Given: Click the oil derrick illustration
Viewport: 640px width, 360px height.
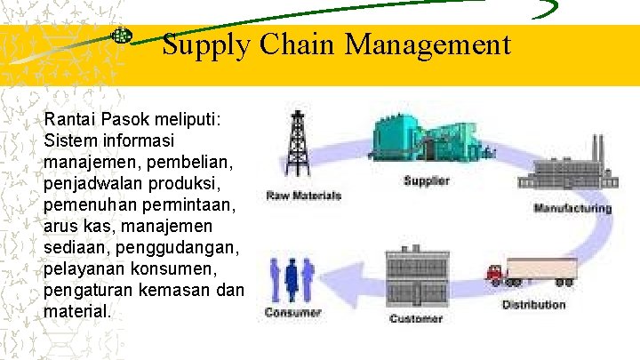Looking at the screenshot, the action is tap(295, 147).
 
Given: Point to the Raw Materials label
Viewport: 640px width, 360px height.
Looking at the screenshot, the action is tap(304, 196).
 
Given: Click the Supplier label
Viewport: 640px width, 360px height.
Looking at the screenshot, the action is tap(427, 180).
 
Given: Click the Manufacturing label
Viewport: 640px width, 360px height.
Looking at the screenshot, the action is tap(572, 209).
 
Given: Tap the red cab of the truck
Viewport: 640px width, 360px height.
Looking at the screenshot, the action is tap(494, 273).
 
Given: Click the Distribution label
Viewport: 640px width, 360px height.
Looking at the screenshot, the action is tap(533, 305).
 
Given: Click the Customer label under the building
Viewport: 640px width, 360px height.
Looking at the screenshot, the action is tap(416, 318).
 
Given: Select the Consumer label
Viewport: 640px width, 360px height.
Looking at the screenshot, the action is tap(292, 313).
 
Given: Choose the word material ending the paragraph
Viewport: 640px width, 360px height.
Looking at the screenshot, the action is tap(76, 312).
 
